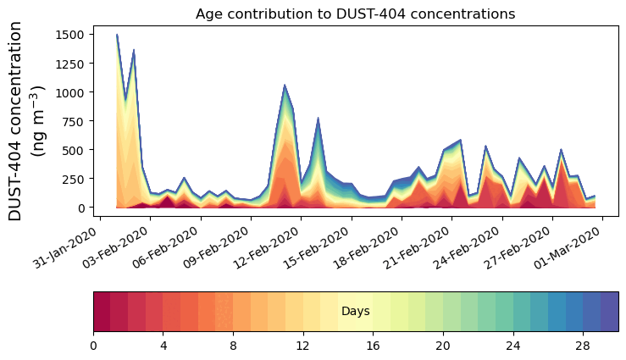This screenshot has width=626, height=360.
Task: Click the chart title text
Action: [355, 14]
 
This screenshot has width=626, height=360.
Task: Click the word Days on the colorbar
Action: [355, 312]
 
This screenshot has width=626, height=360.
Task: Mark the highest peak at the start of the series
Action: [117, 35]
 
